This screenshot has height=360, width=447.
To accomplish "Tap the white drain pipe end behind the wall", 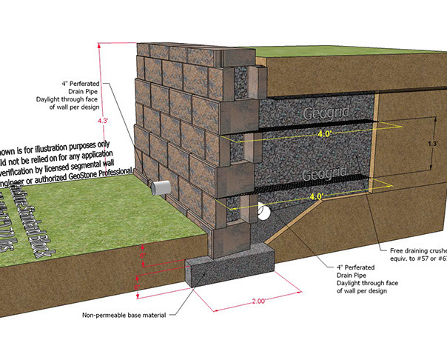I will [263, 213].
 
